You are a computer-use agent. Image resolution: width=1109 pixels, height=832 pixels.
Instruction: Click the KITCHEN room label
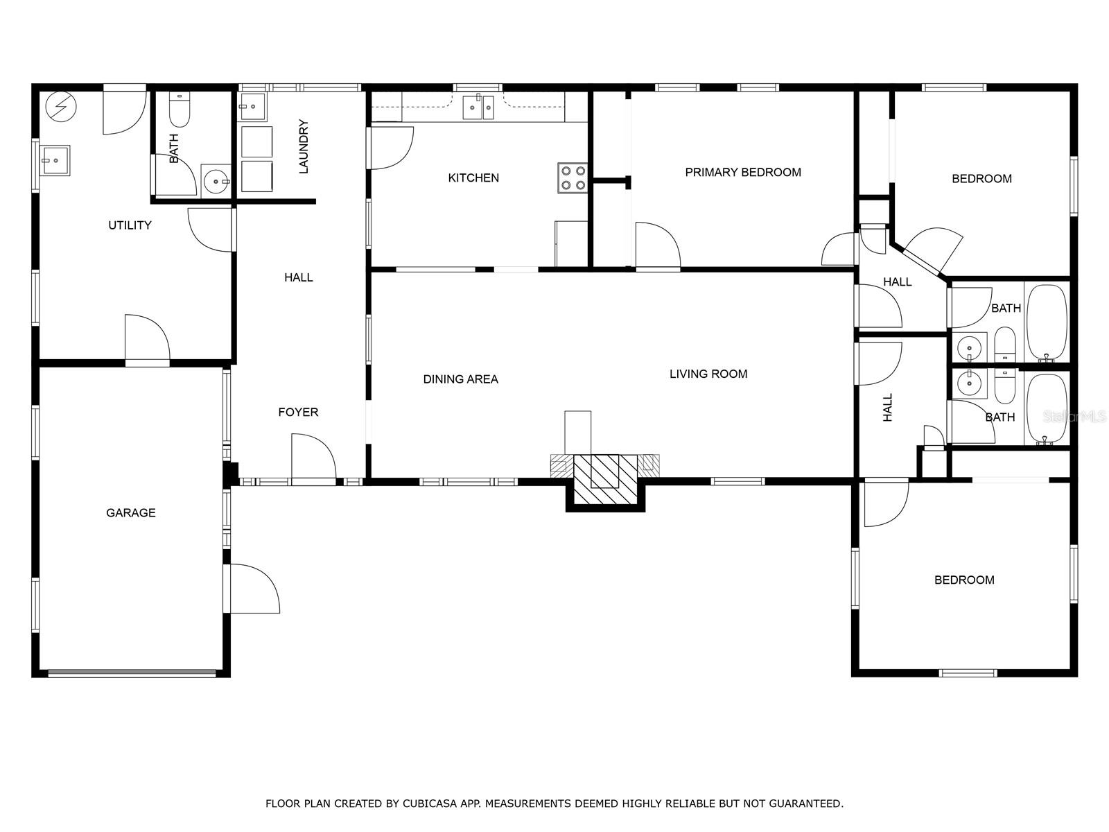tap(473, 177)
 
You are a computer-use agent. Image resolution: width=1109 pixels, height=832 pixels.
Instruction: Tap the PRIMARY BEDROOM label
tap(743, 172)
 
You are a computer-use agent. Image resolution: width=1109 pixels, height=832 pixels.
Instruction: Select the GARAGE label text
tap(131, 513)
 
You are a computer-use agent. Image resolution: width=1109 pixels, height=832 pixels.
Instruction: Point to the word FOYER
tap(298, 413)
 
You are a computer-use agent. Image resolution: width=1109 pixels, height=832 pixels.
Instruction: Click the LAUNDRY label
tap(303, 146)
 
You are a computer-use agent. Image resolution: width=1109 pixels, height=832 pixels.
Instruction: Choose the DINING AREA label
tap(461, 379)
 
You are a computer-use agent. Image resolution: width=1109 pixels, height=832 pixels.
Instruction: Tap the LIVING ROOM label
tap(708, 374)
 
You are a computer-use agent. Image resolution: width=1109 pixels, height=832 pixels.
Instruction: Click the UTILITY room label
tap(130, 225)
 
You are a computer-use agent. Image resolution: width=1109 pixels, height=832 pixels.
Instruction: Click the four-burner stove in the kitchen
tap(573, 177)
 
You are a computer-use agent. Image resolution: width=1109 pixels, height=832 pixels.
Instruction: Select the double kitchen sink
tap(478, 107)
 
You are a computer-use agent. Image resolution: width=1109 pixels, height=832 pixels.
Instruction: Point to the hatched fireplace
tap(605, 479)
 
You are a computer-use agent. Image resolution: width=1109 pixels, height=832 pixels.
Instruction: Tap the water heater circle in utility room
tap(61, 107)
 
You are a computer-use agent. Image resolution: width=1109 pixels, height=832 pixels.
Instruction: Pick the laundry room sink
tap(252, 107)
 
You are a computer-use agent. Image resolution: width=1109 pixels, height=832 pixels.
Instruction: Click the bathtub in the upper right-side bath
tap(1047, 322)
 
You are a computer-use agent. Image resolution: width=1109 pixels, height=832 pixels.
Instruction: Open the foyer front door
tap(313, 459)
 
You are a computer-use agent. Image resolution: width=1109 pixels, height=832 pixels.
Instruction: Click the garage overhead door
tap(132, 673)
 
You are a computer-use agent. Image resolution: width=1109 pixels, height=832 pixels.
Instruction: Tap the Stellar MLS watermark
tap(1074, 417)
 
